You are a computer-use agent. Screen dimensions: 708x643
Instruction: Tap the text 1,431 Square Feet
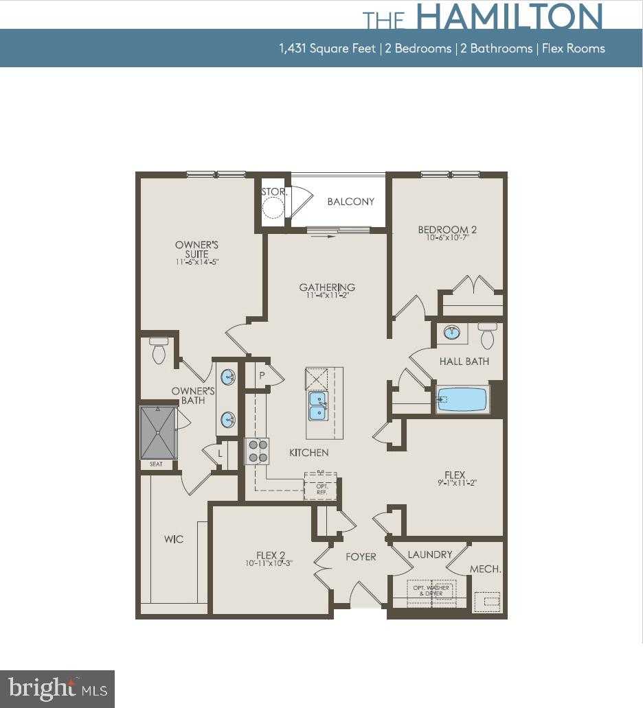pos(327,48)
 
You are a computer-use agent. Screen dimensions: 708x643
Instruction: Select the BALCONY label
pos(351,202)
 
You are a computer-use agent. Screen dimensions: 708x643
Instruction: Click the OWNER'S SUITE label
pos(196,250)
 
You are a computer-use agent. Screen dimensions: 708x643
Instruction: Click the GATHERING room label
pos(327,287)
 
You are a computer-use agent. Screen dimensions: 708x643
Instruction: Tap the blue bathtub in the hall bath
pos(462,399)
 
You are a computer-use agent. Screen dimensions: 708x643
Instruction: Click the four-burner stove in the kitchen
pos(257,451)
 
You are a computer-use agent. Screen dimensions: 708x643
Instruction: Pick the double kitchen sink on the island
pos(317,405)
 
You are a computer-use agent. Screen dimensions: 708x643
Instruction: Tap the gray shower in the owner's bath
pos(158,433)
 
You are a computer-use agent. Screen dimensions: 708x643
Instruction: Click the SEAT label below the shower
pos(157,464)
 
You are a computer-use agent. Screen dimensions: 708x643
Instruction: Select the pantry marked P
pos(262,375)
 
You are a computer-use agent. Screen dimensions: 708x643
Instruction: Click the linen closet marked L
pos(221,453)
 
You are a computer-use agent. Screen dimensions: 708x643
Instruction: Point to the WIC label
pos(174,539)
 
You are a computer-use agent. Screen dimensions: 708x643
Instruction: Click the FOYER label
pos(361,556)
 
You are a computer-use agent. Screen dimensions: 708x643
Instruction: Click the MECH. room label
pos(485,569)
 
